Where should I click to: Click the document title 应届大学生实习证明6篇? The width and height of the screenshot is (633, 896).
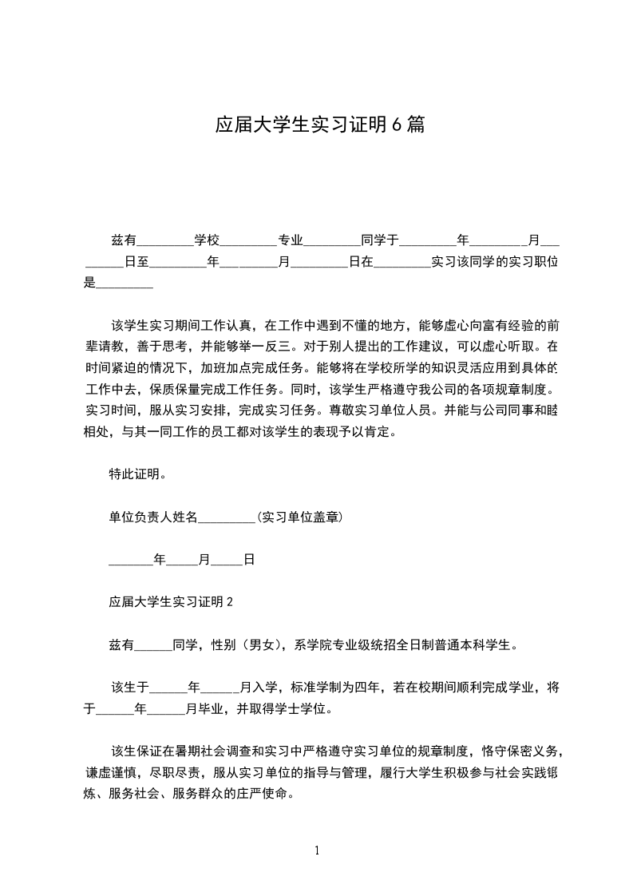point(319,125)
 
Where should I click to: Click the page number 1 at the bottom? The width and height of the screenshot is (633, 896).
point(317,850)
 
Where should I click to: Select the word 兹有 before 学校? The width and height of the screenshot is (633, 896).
point(123,240)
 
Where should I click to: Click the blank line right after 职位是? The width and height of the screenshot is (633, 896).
point(125,283)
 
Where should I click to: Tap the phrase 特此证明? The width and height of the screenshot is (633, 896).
point(137,474)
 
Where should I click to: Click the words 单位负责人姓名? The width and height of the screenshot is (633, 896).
point(152,517)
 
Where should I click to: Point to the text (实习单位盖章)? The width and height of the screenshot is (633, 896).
point(299,517)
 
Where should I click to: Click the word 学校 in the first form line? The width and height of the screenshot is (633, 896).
point(207,240)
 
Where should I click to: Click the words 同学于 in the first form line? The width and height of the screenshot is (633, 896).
point(380,240)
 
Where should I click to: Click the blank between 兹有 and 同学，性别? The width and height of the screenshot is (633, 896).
point(154,646)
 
